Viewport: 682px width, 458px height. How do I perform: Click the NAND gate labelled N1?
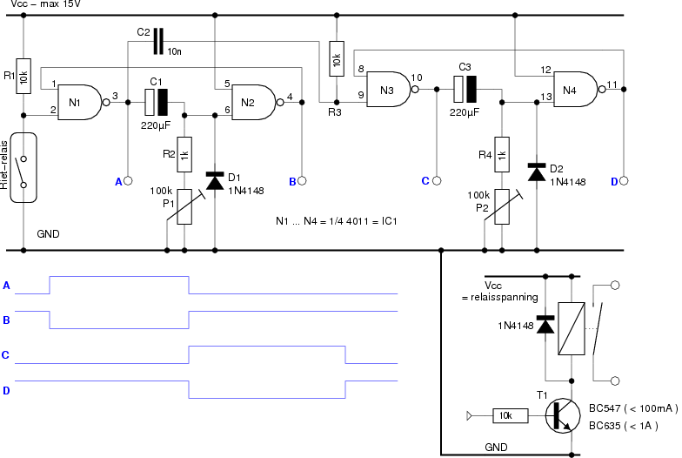tap(80, 103)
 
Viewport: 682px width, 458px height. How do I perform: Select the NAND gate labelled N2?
tap(254, 103)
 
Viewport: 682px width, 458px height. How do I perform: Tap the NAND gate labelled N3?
tap(390, 89)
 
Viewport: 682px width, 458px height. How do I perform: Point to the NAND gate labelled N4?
tap(576, 89)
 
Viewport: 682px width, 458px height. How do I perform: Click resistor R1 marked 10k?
tap(23, 77)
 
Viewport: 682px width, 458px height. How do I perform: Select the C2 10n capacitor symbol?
tap(158, 42)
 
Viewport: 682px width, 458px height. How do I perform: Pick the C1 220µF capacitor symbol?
tap(157, 103)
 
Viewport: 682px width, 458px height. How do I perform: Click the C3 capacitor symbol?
tap(465, 89)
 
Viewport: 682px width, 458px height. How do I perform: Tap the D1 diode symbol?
tap(215, 181)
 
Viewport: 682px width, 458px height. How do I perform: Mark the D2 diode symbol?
tap(537, 172)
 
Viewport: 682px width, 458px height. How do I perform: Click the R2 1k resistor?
tap(184, 155)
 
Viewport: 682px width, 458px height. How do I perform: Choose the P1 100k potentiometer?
tap(184, 207)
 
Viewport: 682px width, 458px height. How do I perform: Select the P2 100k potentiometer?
tap(502, 207)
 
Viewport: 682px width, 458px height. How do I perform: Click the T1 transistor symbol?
tap(562, 416)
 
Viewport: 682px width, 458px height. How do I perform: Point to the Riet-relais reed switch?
tap(23, 167)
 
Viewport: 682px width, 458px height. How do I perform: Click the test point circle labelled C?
tap(437, 181)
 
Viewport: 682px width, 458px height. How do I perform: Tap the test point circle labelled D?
tap(624, 181)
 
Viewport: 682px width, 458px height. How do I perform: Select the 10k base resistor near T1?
tap(511, 416)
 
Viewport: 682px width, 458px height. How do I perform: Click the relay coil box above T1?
tap(572, 329)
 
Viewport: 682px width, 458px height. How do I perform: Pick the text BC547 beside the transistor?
tap(605, 408)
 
